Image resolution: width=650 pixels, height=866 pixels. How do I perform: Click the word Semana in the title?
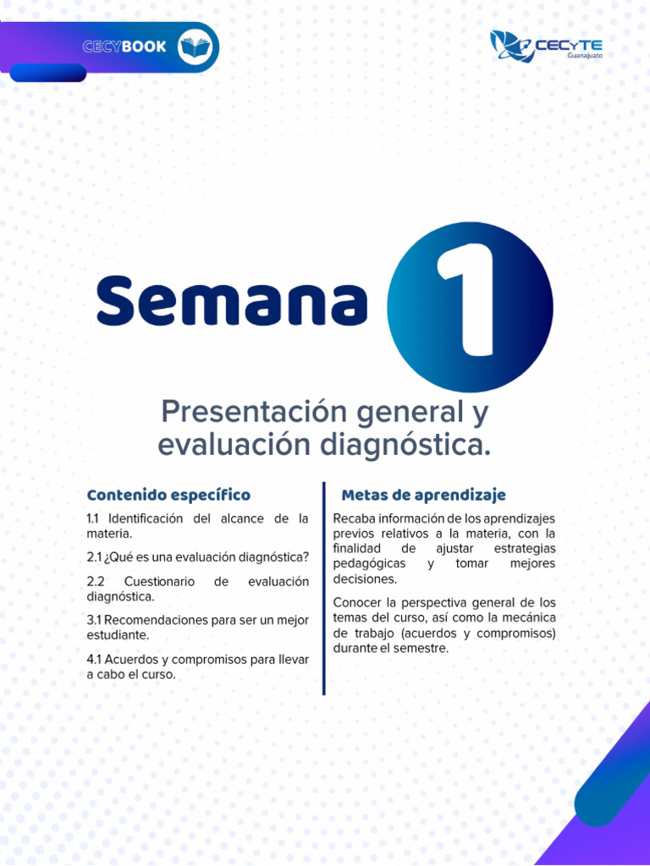[x=232, y=301]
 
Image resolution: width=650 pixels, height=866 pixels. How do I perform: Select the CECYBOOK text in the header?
[x=124, y=47]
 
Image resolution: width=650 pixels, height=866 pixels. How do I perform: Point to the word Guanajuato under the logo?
[x=584, y=57]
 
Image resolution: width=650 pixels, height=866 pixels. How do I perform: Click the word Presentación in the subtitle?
[x=254, y=413]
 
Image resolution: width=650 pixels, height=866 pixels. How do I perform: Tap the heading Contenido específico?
[x=168, y=495]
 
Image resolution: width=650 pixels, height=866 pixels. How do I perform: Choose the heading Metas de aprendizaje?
[x=423, y=495]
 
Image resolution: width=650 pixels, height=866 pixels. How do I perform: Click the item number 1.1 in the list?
[x=93, y=518]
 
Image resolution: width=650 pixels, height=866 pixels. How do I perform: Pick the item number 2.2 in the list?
[x=95, y=582]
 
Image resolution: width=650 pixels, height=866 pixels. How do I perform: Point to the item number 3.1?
[x=93, y=620]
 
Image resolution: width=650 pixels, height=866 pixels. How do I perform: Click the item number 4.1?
[x=93, y=659]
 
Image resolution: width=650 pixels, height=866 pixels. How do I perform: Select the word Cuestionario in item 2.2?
[x=159, y=582]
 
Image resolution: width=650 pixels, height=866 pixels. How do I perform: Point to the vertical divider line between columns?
[x=323, y=588]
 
